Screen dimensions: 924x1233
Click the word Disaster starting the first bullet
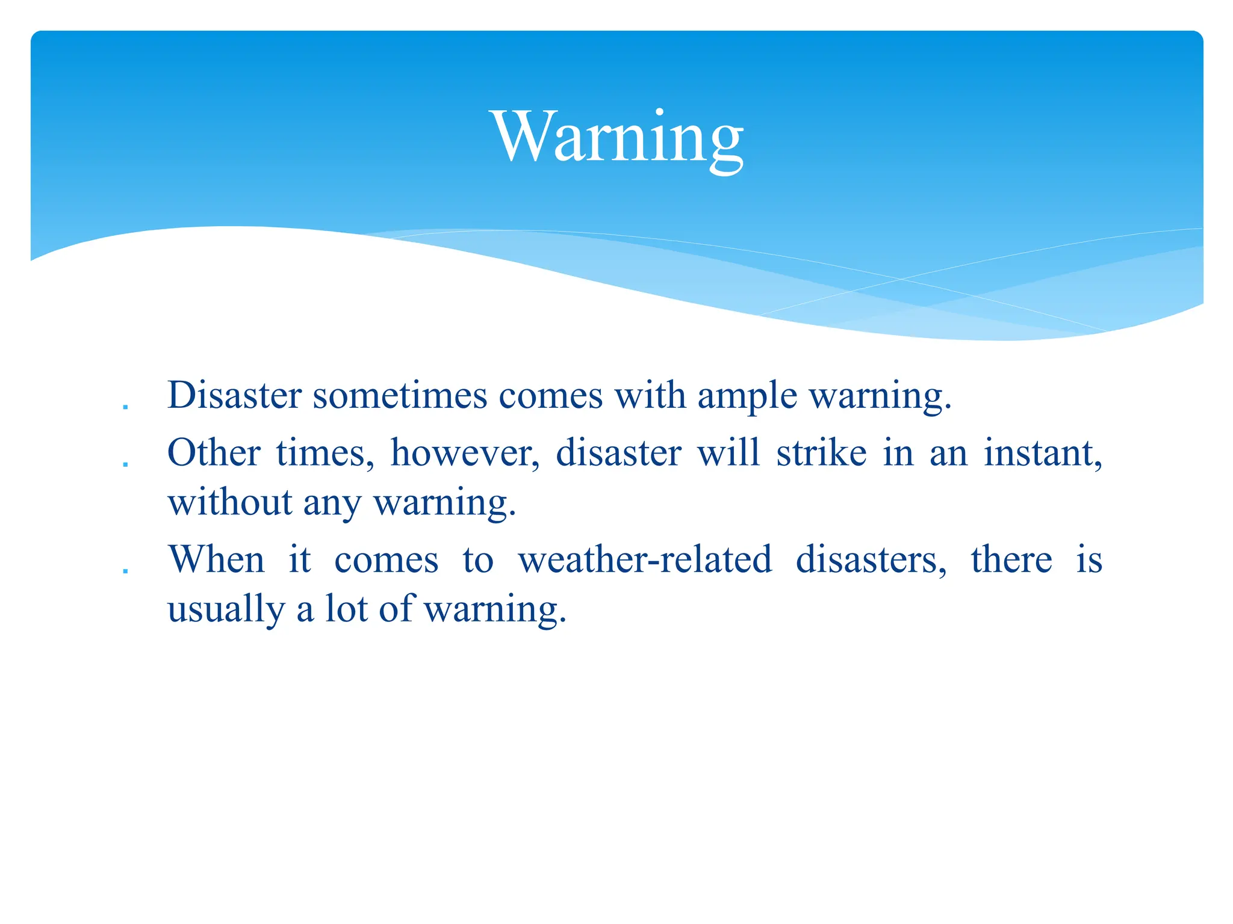[234, 396]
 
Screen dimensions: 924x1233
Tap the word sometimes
[400, 396]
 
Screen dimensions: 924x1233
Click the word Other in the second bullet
[214, 452]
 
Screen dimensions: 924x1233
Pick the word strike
[821, 452]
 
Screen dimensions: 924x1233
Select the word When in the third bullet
[216, 559]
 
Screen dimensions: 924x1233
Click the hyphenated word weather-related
[645, 559]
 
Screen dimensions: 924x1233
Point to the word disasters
[871, 559]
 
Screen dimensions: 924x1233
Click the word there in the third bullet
[1011, 559]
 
